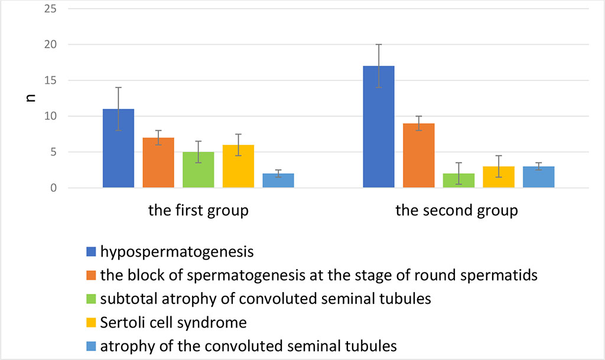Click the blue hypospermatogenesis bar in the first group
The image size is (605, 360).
[118, 148]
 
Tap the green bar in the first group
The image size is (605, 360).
[199, 170]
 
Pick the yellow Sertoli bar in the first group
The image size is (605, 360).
[239, 167]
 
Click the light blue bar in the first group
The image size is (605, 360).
[278, 181]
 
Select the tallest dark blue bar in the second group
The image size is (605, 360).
[379, 127]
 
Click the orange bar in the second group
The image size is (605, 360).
[418, 155]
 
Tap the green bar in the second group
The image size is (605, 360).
[458, 181]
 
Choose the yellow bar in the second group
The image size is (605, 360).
[499, 177]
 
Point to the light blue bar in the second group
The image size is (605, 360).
[539, 177]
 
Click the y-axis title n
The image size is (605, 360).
[31, 98]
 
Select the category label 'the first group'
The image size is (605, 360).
[198, 211]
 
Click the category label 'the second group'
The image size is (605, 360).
[456, 211]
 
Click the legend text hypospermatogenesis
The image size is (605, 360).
[177, 252]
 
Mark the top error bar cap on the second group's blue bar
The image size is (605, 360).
[379, 44]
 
